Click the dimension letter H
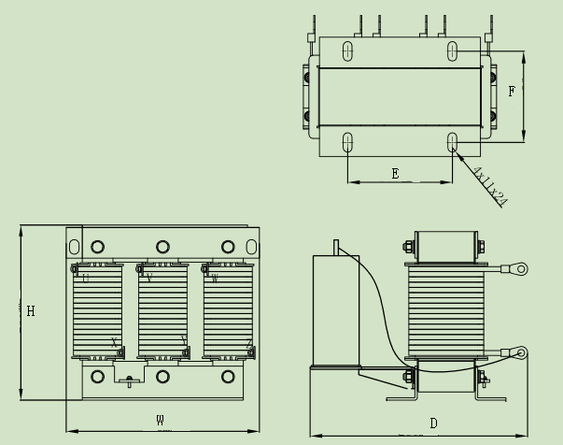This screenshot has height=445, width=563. tap(31, 311)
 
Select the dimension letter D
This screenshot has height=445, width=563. tap(433, 423)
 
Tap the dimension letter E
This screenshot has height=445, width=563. tap(395, 173)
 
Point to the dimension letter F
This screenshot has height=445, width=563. tap(512, 92)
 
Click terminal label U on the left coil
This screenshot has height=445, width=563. tap(86, 278)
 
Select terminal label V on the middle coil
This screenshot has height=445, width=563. tap(149, 278)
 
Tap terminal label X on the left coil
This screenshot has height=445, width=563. tap(114, 342)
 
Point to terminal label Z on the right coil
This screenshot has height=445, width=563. tap(248, 343)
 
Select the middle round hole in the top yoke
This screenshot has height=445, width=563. tap(162, 247)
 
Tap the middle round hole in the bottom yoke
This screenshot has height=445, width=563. tap(162, 378)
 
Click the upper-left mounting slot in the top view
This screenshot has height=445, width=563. tap(348, 50)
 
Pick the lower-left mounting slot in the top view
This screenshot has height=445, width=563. tap(348, 143)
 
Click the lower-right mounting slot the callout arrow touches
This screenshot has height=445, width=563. tap(452, 143)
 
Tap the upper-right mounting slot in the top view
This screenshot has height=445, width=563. tap(452, 50)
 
